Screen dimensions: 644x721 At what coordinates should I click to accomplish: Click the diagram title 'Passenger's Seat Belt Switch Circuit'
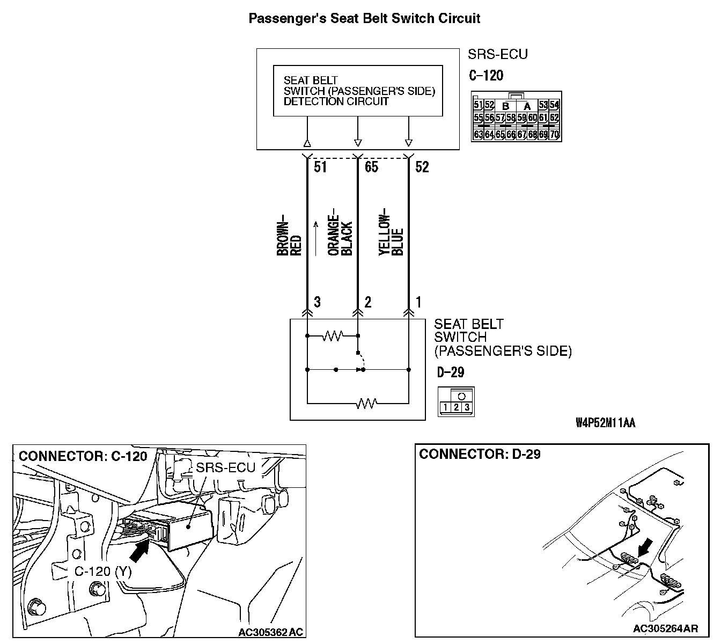coord(364,19)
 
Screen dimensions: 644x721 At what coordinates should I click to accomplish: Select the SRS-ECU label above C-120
coord(497,55)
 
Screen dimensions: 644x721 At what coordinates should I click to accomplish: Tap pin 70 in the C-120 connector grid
coord(554,134)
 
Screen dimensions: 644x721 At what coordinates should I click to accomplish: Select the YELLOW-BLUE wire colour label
coord(391,235)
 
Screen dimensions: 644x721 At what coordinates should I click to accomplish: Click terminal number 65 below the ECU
coord(371,167)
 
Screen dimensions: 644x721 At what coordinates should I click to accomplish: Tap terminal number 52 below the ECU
coord(422,167)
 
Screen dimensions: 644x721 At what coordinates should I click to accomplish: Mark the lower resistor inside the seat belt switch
coord(367,402)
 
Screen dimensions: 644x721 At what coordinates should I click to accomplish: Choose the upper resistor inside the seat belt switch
coord(333,336)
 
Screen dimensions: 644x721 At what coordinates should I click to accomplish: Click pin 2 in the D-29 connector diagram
coord(456,408)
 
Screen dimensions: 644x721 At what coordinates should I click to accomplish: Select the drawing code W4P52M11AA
coord(605,423)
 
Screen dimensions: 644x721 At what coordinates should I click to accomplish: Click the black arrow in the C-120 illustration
coord(139,551)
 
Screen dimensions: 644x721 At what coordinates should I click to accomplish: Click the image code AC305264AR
coord(665,628)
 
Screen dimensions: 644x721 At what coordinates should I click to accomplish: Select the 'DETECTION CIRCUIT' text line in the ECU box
coord(336,101)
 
